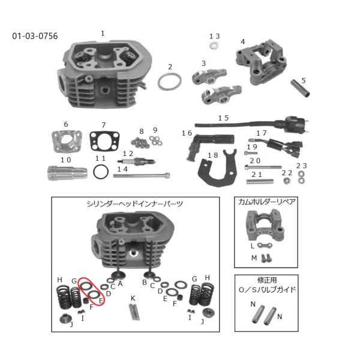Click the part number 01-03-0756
point(35,36)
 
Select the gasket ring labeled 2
point(170,81)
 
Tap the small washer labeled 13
point(214,46)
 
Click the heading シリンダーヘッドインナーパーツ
point(135,204)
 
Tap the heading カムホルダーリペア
point(266,202)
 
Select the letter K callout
point(133,298)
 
